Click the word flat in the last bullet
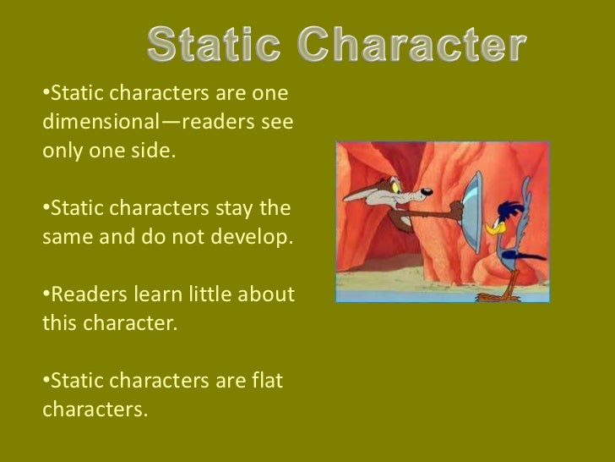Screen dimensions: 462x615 click(x=267, y=381)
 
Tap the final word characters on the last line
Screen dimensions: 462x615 click(x=93, y=411)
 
